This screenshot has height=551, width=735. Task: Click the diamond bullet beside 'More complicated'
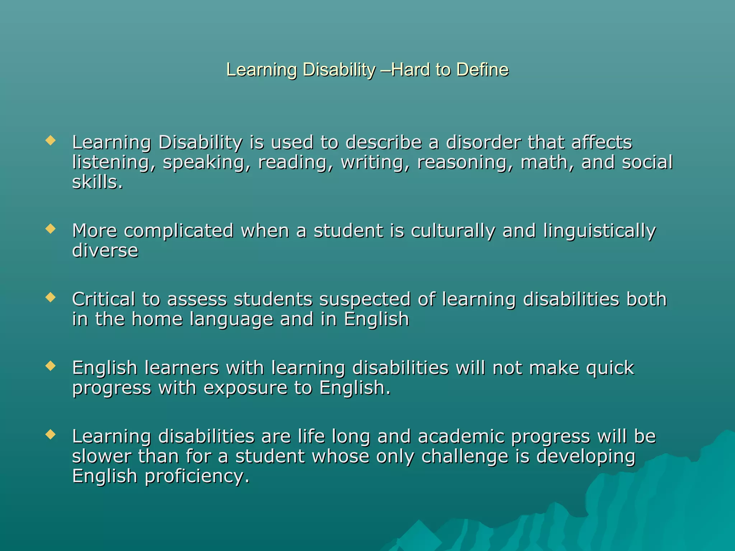coord(51,229)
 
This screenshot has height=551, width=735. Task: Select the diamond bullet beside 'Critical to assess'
coord(51,297)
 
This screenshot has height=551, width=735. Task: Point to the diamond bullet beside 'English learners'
coord(51,366)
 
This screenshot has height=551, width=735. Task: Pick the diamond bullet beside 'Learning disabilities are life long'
coord(51,434)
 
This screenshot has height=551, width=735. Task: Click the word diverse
coord(105,250)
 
